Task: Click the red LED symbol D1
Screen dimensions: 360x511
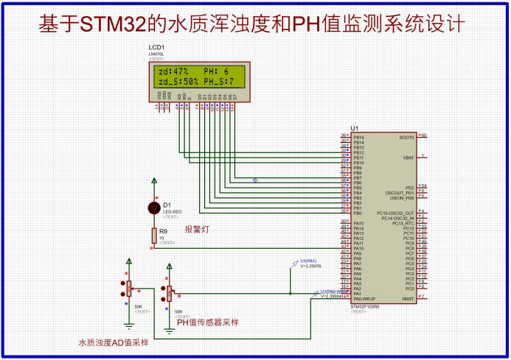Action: [x=154, y=207]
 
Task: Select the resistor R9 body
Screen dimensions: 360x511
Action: [x=154, y=235]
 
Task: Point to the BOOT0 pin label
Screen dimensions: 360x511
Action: [x=406, y=137]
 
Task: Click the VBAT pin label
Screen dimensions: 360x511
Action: [x=409, y=158]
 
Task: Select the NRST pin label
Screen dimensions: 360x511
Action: [x=408, y=298]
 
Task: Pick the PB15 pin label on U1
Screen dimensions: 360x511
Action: [x=359, y=137]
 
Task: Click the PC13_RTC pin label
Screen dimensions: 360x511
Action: [x=401, y=223]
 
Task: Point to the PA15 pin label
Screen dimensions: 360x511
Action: [x=359, y=223]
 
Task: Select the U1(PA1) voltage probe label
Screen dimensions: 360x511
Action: [x=308, y=261]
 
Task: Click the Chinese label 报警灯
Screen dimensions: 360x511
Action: [x=197, y=230]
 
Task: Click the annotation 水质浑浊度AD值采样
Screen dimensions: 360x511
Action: [x=114, y=342]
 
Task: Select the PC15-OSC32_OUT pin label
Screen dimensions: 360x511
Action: [x=397, y=213]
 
